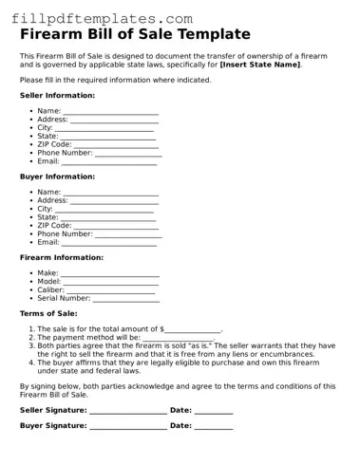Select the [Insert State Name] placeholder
[259, 65]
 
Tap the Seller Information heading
[57, 96]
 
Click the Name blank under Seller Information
[110, 111]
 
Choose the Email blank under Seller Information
[109, 161]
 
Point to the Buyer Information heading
[57, 177]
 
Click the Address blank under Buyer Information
[114, 201]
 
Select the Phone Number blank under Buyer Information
[128, 233]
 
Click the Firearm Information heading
[63, 257]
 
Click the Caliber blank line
[112, 289]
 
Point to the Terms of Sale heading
[48, 313]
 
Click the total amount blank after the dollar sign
[193, 329]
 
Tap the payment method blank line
[178, 338]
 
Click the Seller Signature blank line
[127, 411]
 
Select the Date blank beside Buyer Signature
[214, 427]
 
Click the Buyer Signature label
[53, 426]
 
